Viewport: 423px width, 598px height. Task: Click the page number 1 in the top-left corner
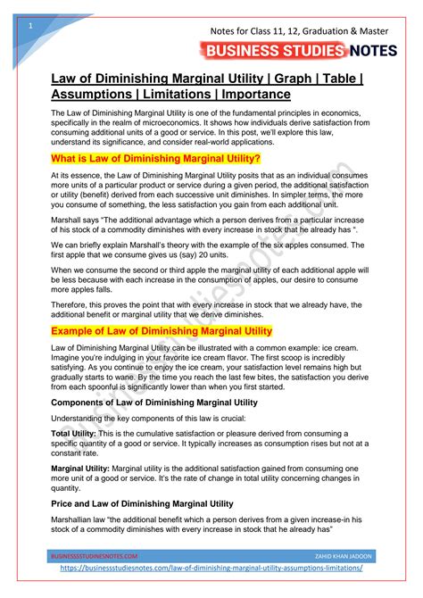30,26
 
